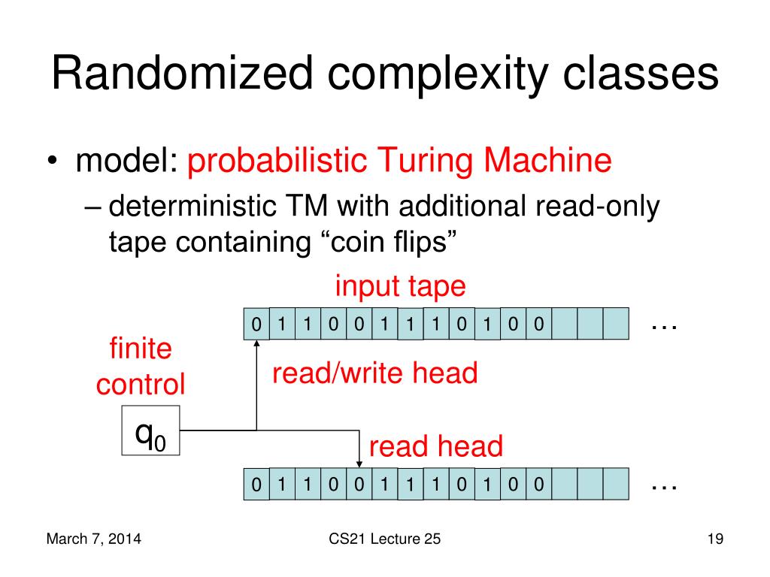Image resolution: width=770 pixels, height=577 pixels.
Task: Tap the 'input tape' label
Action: click(400, 286)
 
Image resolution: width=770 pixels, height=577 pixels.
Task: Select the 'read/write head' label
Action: click(374, 373)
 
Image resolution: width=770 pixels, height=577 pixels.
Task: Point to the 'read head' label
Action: click(435, 447)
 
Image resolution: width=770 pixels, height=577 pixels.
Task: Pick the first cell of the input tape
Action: click(256, 325)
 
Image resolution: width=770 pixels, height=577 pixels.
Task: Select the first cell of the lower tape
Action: click(256, 485)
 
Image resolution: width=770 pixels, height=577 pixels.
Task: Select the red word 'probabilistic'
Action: click(275, 162)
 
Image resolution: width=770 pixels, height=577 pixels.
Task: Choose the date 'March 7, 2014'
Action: click(95, 539)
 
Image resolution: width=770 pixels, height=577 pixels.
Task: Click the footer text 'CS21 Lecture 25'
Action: click(385, 539)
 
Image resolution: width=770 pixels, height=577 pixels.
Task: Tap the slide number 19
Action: click(714, 539)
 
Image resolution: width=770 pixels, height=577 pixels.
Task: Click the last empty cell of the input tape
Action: click(616, 325)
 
